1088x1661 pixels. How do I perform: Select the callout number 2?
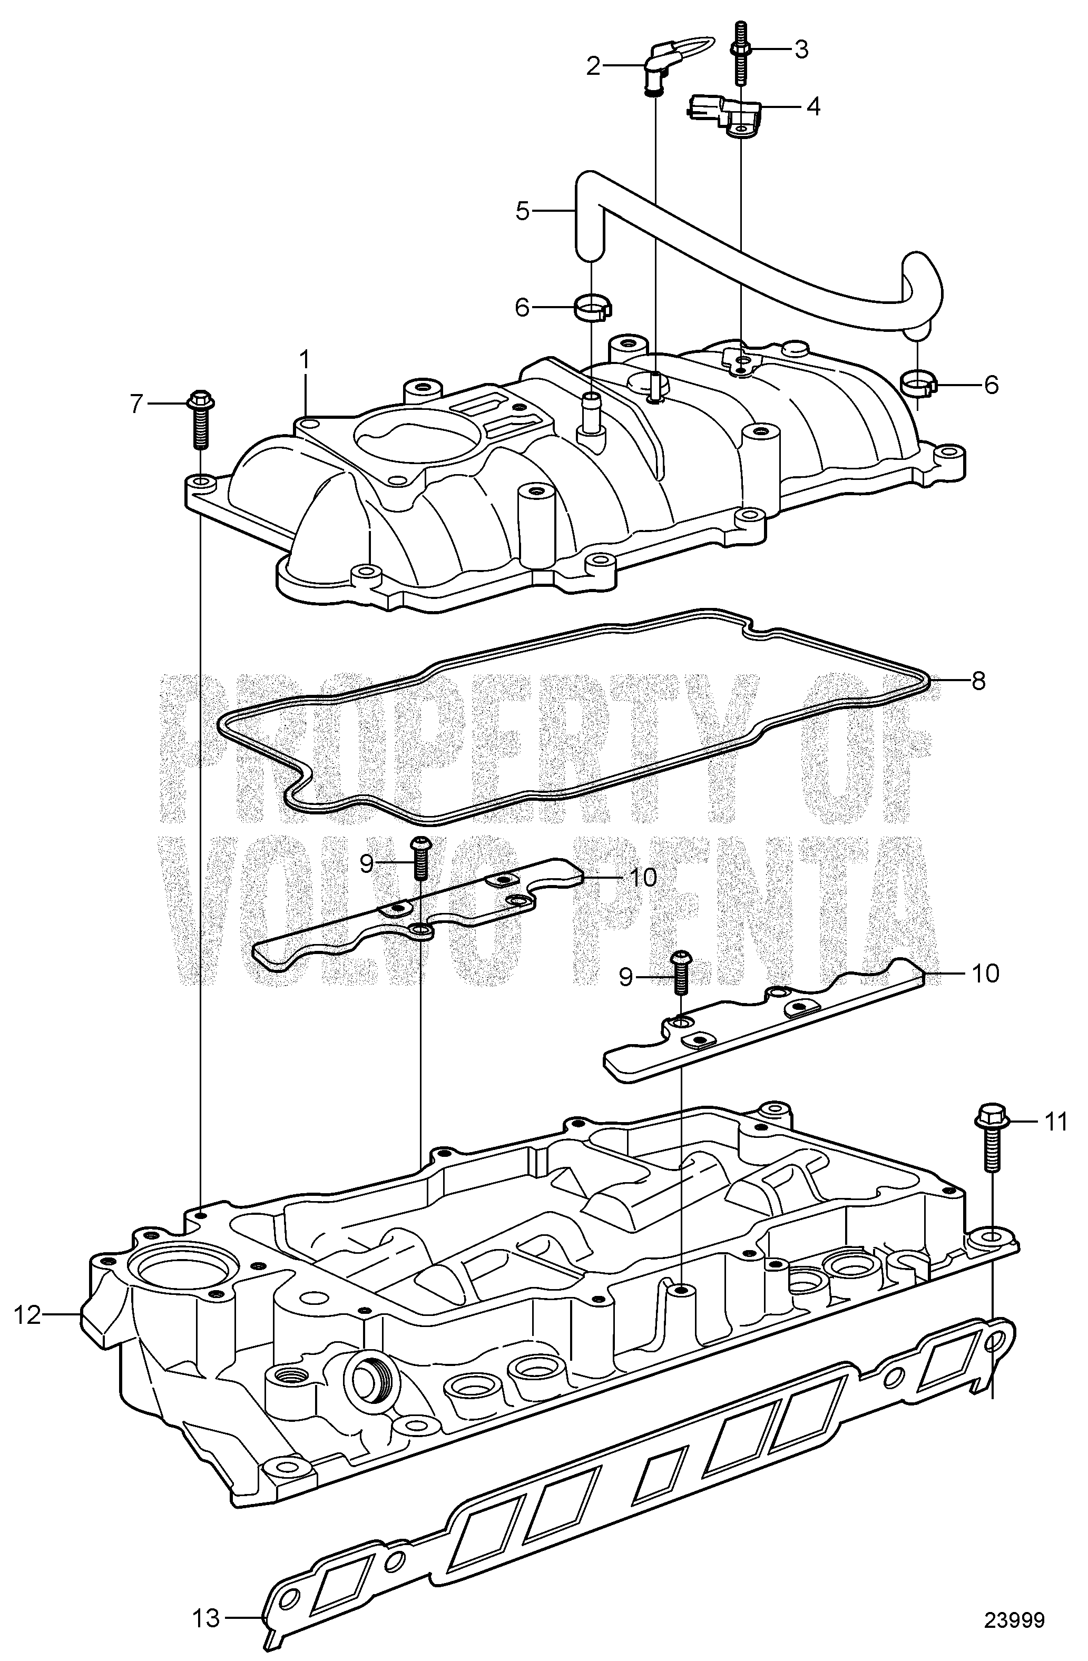(x=593, y=66)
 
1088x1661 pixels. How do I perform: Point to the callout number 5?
(x=523, y=210)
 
